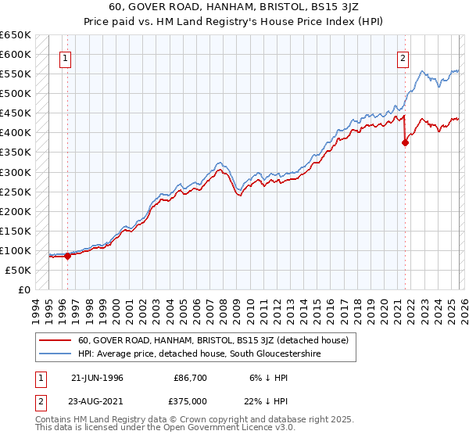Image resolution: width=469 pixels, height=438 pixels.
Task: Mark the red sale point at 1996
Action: pyautogui.click(x=68, y=255)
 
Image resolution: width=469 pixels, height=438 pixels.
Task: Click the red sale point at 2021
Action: pyautogui.click(x=405, y=142)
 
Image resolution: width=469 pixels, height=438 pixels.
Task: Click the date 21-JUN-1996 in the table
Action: pyautogui.click(x=97, y=378)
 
